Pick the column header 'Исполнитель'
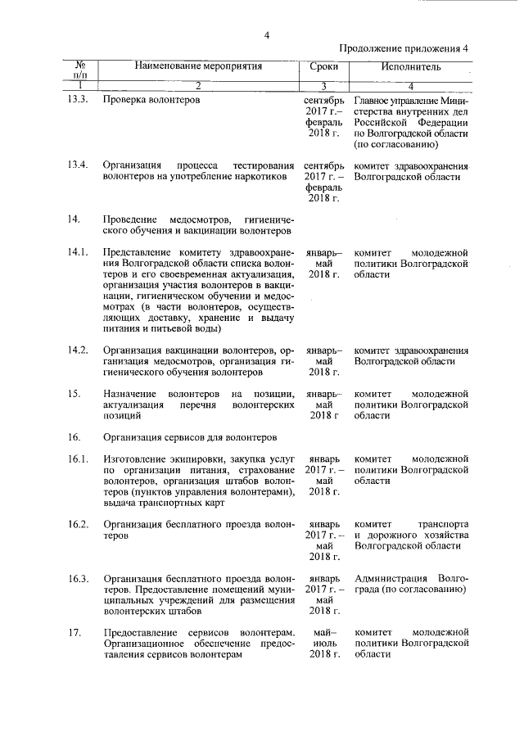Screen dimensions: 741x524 pyautogui.click(x=411, y=66)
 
